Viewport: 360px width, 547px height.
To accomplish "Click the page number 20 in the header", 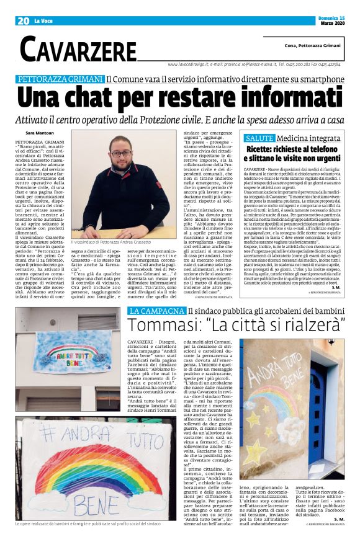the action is [23, 20].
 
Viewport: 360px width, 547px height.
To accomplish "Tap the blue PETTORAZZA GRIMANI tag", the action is [60, 79].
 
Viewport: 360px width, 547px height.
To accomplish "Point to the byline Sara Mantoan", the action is [41, 134].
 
